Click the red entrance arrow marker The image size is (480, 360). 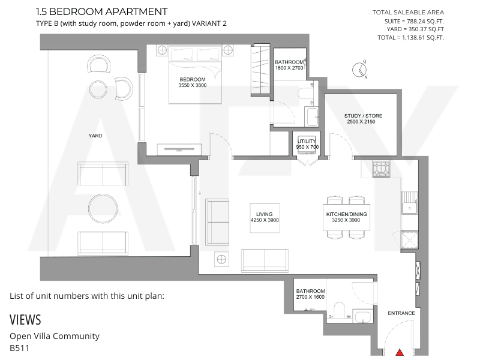point(400,352)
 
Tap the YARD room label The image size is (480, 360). point(95,136)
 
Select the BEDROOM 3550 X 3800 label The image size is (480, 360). point(193,82)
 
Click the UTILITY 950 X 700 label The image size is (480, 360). point(307,144)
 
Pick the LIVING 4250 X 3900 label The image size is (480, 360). point(265,217)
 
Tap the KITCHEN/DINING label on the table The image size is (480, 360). point(346,214)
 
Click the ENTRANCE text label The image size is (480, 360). point(401,313)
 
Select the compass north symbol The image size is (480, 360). point(359,70)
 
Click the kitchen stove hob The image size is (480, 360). point(381,169)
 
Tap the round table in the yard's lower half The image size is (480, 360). point(103,209)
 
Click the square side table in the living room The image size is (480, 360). point(221,259)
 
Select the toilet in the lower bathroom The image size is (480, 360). point(339,310)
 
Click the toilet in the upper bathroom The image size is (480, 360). point(305,93)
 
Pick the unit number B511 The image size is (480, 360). point(20,348)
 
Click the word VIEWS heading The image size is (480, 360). point(25,320)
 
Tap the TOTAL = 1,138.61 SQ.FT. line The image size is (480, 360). point(410,38)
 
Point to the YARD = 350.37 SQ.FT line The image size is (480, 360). point(415,29)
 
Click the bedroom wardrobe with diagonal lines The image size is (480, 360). point(260,70)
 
